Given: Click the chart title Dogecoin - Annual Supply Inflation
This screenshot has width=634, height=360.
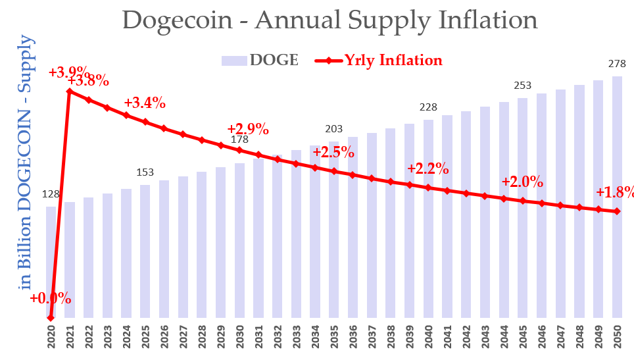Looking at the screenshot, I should pyautogui.click(x=329, y=20).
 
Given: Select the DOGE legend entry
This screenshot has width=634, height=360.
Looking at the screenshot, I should pyautogui.click(x=260, y=61).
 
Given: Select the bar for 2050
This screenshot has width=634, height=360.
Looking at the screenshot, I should pyautogui.click(x=618, y=197).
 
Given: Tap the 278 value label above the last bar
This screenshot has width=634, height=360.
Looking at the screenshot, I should pyautogui.click(x=618, y=64).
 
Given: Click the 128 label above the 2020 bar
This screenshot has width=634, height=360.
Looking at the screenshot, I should pyautogui.click(x=51, y=194).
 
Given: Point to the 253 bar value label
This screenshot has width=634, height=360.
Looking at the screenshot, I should pyautogui.click(x=523, y=86).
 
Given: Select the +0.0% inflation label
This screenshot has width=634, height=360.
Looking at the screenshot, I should pyautogui.click(x=50, y=298).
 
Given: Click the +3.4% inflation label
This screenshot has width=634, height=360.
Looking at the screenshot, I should pyautogui.click(x=145, y=103).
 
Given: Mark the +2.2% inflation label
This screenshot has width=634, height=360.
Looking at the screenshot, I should pyautogui.click(x=427, y=168).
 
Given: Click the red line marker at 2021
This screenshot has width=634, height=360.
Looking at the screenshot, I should pyautogui.click(x=70, y=91).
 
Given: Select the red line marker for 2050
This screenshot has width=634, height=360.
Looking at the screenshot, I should pyautogui.click(x=618, y=211).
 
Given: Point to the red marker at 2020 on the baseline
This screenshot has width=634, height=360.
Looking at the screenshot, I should pyautogui.click(x=51, y=318).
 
